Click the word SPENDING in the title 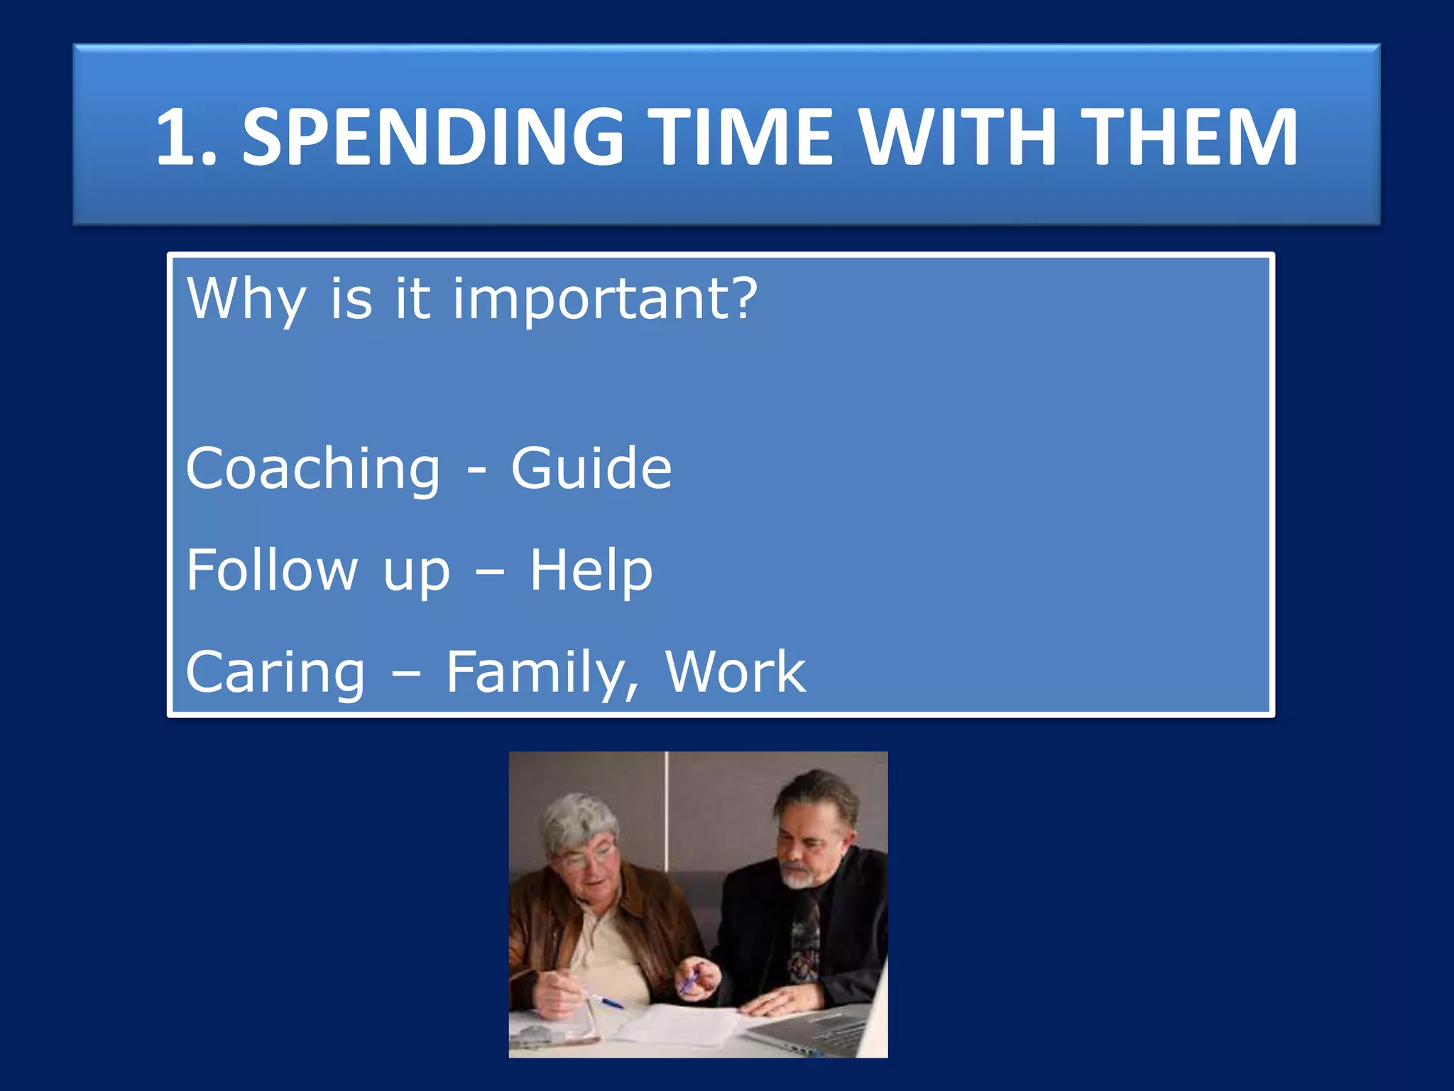point(433,138)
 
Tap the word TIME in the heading point(743,138)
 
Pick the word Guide point(591,469)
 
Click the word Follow point(272,570)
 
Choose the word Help point(591,571)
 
